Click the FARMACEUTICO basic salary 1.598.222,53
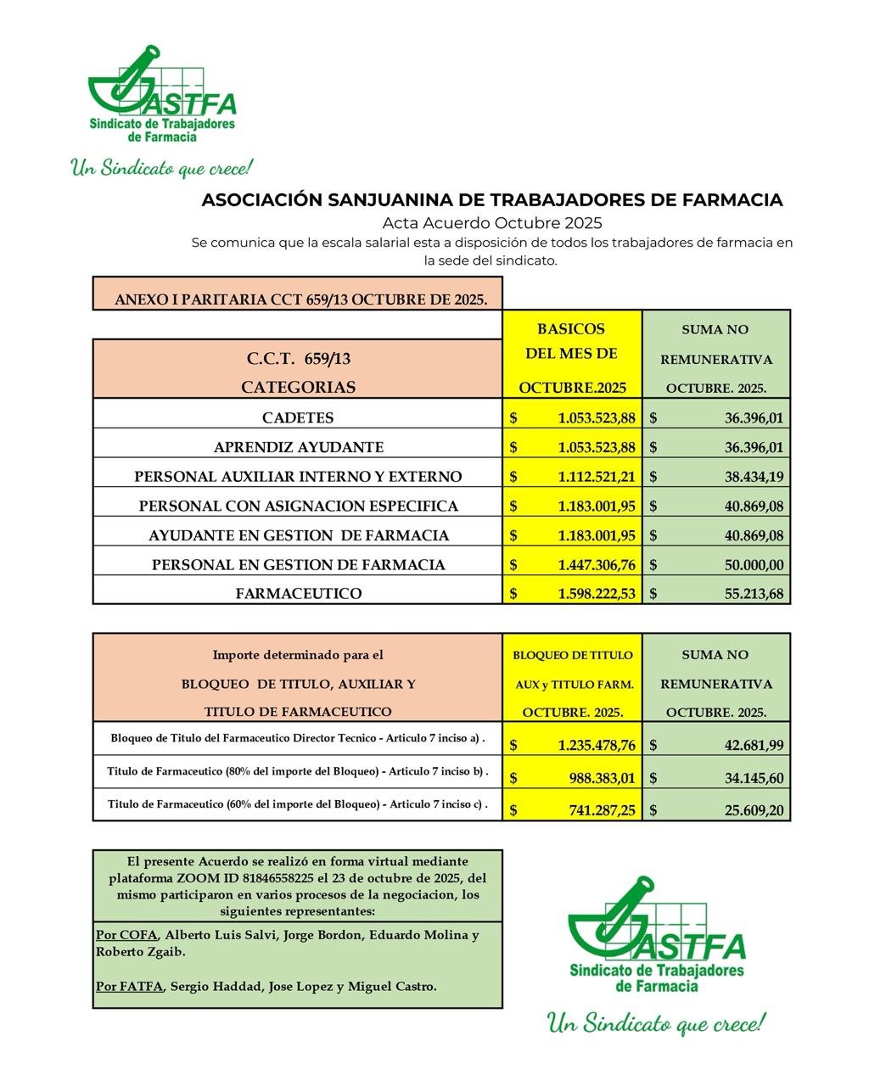click(x=597, y=594)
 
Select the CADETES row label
click(x=298, y=417)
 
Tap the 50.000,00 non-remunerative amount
click(x=754, y=565)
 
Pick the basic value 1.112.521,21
click(x=597, y=477)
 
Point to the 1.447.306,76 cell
click(x=597, y=565)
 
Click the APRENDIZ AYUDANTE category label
click(x=298, y=447)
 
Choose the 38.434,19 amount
click(x=754, y=477)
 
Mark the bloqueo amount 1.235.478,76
click(x=597, y=746)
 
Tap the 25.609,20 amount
click(x=754, y=810)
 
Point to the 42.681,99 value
click(x=754, y=746)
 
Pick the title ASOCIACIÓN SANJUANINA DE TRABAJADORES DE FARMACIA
click(x=491, y=200)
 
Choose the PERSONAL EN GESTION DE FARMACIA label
click(x=298, y=565)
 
